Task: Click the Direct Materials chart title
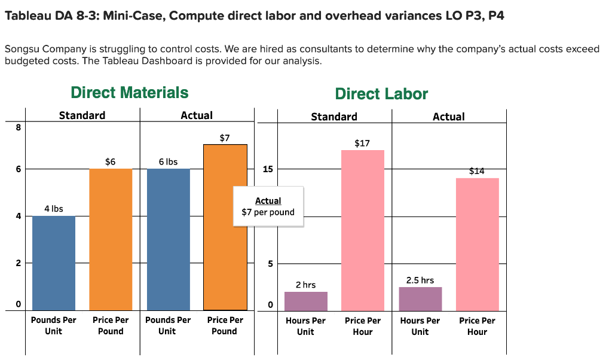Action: click(129, 93)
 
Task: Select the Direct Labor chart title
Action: click(381, 94)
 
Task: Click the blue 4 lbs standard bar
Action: click(54, 263)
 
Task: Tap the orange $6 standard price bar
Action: click(111, 239)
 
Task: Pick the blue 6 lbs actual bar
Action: click(168, 239)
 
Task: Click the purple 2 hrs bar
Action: click(306, 301)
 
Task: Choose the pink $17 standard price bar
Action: click(363, 230)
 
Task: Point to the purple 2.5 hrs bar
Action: click(420, 298)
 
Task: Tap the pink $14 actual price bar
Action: click(477, 244)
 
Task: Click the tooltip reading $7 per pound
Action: click(268, 206)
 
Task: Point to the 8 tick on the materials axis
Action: click(19, 127)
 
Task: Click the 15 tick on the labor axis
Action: click(268, 169)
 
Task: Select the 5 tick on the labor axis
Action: click(270, 264)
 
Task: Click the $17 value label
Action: click(362, 144)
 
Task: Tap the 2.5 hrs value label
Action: click(420, 280)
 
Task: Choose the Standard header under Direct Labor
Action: click(334, 117)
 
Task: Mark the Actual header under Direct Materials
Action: click(197, 115)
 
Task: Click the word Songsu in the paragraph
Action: click(23, 49)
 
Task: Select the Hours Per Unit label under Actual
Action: click(420, 326)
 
